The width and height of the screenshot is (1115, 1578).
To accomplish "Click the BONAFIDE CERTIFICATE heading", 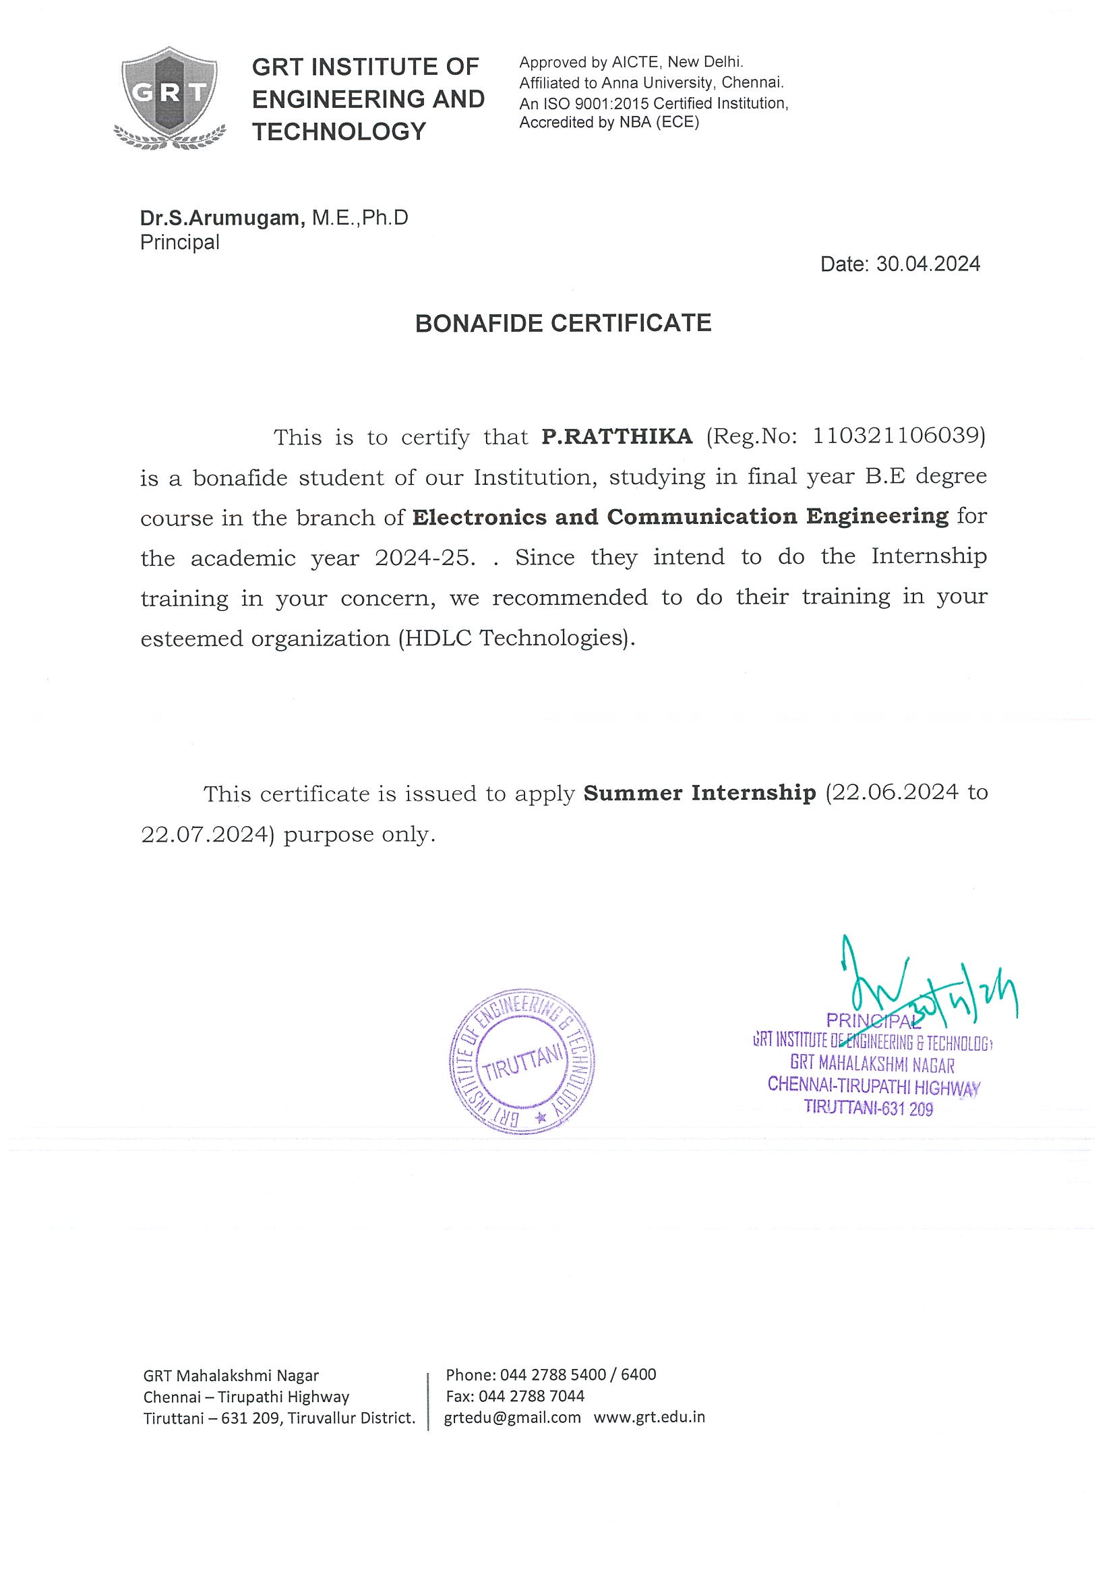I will [563, 323].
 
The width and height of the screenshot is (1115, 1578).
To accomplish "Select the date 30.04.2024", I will [928, 264].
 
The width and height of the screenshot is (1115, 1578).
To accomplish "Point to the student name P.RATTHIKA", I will [617, 436].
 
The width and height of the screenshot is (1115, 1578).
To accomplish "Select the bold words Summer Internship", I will [699, 793].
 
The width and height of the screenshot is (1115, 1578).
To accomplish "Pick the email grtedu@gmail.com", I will [512, 1418].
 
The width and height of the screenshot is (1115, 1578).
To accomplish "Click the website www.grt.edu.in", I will [649, 1418].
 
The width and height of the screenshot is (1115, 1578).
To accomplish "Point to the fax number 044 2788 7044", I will [531, 1396].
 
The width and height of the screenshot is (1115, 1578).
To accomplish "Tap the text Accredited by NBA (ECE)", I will [609, 123].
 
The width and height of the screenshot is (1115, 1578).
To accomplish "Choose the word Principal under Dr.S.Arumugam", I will [180, 242].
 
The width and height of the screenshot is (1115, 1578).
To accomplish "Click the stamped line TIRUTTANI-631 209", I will [868, 1107].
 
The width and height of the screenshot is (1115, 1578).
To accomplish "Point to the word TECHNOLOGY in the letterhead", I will [339, 131].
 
